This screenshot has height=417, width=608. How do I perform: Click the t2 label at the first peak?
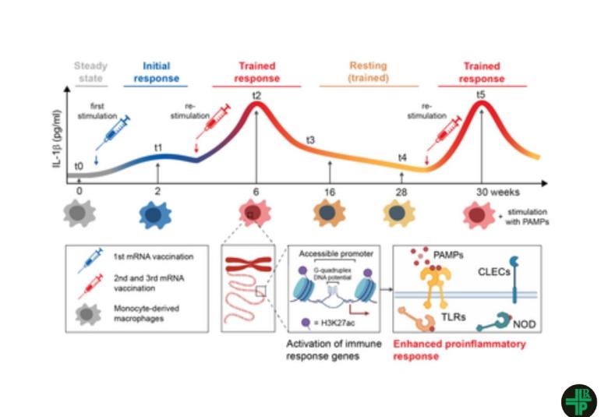pos(256,95)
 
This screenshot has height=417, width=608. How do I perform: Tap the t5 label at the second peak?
pos(481,95)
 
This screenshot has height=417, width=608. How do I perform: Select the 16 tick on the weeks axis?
pos(330,191)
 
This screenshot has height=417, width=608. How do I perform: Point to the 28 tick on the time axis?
pos(401,191)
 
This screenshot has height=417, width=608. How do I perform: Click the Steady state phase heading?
pos(90,72)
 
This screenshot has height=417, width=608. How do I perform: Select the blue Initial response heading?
pos(157,72)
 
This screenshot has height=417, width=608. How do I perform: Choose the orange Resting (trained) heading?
pos(368,72)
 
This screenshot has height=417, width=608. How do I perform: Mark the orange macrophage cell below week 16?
pos(330,214)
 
